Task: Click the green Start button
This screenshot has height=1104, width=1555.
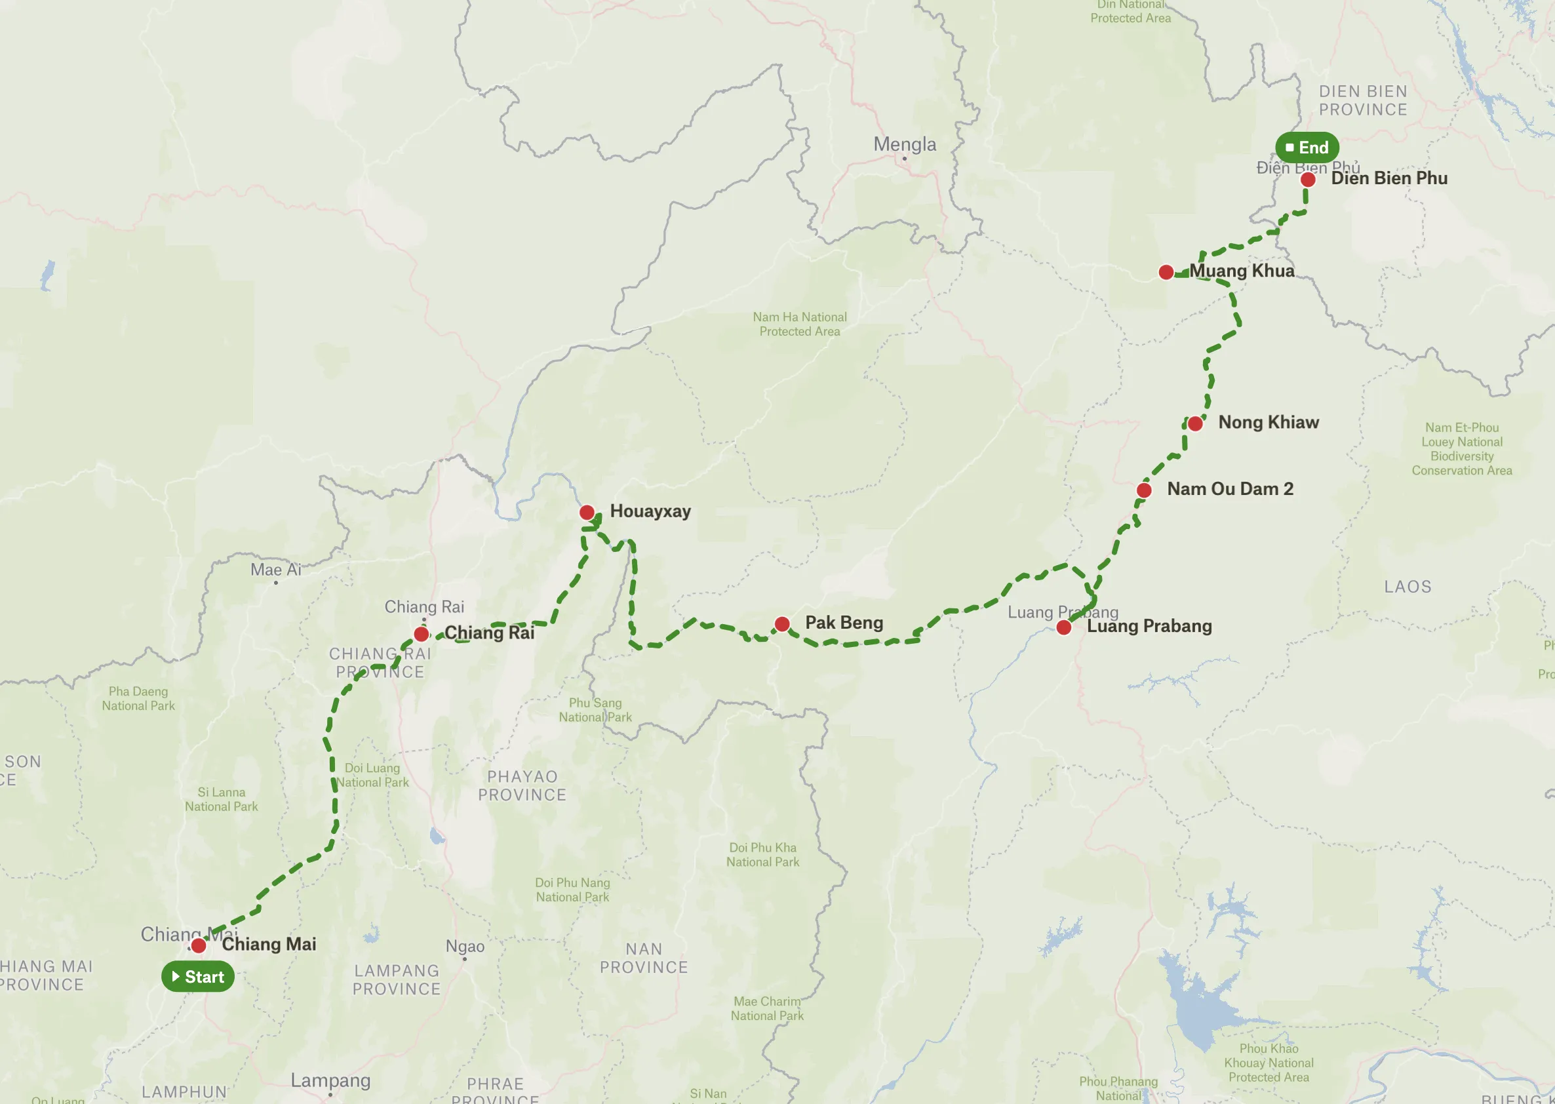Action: tap(198, 977)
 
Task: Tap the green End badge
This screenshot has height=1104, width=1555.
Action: tap(1307, 148)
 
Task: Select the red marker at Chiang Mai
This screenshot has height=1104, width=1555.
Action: tap(199, 945)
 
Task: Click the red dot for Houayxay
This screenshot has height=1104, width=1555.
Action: tap(587, 513)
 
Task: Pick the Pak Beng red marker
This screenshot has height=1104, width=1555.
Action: tap(781, 624)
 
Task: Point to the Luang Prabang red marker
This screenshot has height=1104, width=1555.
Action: tap(1063, 627)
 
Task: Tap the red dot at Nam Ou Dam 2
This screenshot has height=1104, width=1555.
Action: tap(1144, 490)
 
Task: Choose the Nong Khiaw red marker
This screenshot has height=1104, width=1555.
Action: tap(1195, 424)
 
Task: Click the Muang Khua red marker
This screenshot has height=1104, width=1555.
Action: tap(1166, 273)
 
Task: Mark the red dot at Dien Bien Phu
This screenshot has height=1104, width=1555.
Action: tap(1308, 180)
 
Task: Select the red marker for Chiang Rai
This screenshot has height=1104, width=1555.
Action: tap(422, 634)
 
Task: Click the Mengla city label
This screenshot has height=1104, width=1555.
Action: tap(904, 144)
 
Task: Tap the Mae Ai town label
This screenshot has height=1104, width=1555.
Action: tap(275, 570)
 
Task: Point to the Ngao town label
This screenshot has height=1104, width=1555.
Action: tap(465, 946)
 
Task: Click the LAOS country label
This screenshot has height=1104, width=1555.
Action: tap(1407, 587)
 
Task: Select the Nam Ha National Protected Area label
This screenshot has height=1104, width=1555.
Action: tap(799, 325)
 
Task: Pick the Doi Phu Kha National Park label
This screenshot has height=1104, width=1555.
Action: tap(762, 854)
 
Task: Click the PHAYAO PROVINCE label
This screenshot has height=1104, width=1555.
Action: tap(522, 785)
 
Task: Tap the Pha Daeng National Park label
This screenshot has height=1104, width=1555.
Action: tap(138, 698)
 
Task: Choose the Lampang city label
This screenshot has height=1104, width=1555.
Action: tap(330, 1080)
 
